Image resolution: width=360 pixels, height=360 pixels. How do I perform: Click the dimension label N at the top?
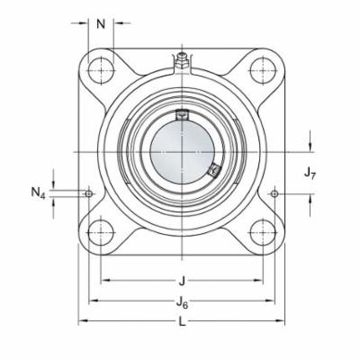click(103, 23)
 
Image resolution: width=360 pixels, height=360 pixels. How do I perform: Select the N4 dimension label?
click(38, 192)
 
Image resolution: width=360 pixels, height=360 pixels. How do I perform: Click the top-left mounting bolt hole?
click(101, 68)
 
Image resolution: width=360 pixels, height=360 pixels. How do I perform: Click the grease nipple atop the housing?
click(181, 60)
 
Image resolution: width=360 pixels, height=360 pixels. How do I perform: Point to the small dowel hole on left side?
click(88, 193)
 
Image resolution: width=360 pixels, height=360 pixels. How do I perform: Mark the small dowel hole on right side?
click(274, 193)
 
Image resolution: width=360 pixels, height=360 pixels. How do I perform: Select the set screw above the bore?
click(181, 114)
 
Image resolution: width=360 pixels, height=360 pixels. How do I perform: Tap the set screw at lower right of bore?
click(213, 169)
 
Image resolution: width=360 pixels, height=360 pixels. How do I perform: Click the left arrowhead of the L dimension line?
click(82, 320)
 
